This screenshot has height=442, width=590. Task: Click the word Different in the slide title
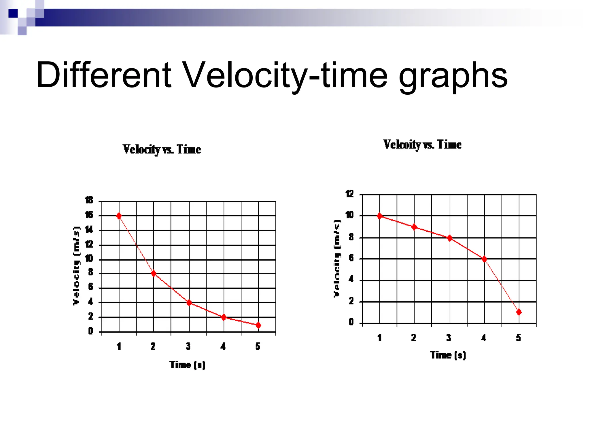click(x=104, y=75)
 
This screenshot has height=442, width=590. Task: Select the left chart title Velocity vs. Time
click(x=162, y=150)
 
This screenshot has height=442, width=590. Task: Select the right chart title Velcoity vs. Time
click(x=422, y=145)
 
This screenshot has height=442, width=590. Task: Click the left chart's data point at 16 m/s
click(x=119, y=216)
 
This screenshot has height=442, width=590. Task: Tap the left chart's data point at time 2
click(x=154, y=273)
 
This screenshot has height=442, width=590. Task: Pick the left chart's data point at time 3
click(x=189, y=303)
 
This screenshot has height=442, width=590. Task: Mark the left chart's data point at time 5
click(x=258, y=325)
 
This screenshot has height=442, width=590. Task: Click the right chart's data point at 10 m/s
click(x=380, y=216)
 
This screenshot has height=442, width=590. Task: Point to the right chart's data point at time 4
click(x=484, y=259)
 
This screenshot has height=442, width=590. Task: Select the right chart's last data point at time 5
click(x=519, y=312)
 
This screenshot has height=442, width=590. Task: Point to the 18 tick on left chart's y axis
click(x=89, y=200)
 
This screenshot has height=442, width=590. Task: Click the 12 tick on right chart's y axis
click(x=349, y=194)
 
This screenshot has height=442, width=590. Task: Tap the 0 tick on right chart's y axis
click(x=351, y=322)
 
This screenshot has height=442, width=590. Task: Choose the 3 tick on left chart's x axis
click(x=188, y=346)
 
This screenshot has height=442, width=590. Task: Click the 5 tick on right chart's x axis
click(x=519, y=338)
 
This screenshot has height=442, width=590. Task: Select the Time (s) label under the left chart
click(x=187, y=365)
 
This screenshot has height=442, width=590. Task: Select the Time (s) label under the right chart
click(x=448, y=355)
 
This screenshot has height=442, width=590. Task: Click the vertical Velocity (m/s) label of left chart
click(x=76, y=266)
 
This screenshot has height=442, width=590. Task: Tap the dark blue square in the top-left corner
click(x=13, y=13)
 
